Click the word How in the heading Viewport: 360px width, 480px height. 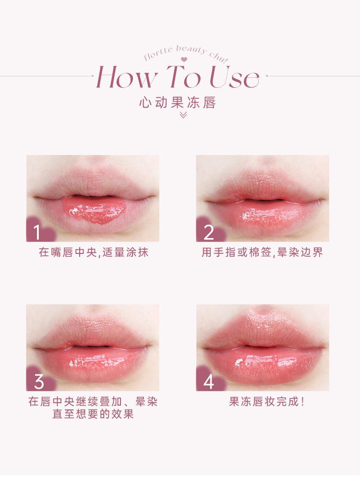click(x=126, y=77)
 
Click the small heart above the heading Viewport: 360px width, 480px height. click(x=183, y=60)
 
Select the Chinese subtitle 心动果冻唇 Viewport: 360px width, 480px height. click(x=177, y=103)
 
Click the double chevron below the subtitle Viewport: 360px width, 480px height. click(x=182, y=115)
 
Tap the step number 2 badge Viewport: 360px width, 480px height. click(x=208, y=232)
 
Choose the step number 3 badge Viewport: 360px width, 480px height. click(x=39, y=382)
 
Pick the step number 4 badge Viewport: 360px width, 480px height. click(x=208, y=382)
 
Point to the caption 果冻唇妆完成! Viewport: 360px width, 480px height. click(x=267, y=402)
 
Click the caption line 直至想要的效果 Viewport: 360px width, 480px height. click(x=93, y=414)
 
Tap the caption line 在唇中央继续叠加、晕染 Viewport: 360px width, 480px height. click(x=93, y=402)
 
